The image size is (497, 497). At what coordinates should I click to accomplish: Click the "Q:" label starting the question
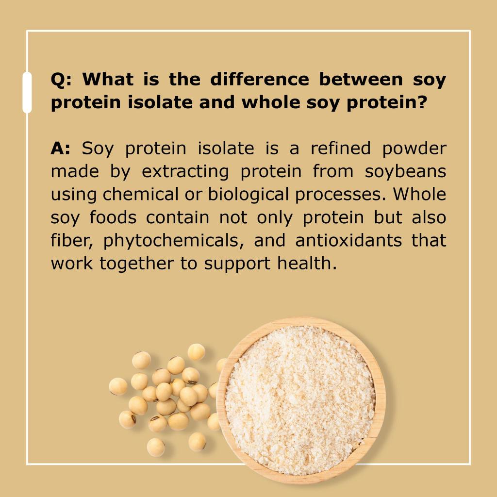[61, 79]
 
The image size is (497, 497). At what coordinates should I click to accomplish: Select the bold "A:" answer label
[61, 149]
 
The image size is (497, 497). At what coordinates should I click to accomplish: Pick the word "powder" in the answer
[414, 149]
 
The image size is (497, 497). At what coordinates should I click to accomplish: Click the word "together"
[132, 263]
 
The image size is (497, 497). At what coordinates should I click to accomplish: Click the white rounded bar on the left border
[27, 92]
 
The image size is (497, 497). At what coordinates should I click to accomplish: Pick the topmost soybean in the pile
[196, 351]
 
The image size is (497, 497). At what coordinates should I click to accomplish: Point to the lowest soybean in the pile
[156, 447]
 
